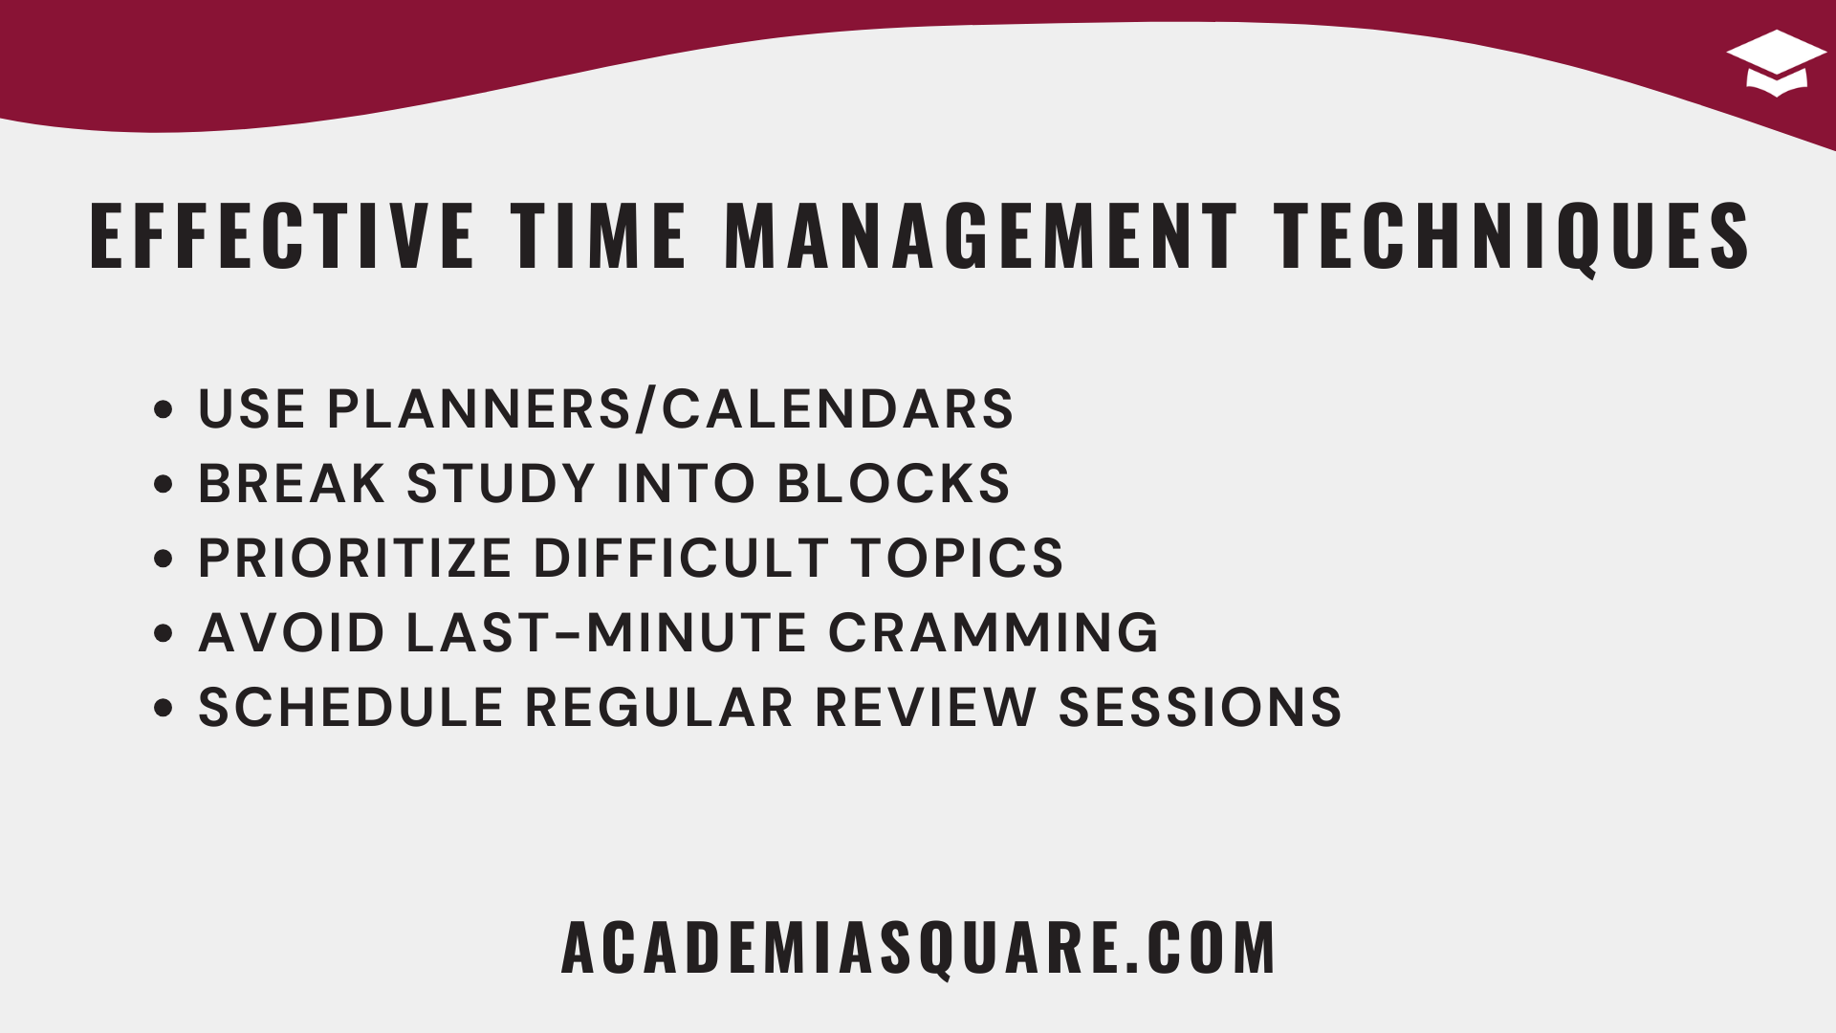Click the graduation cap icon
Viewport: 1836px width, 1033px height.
pyautogui.click(x=1776, y=62)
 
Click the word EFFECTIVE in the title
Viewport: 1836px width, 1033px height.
pyautogui.click(x=282, y=235)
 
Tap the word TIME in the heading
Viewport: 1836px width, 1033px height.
pyautogui.click(x=599, y=235)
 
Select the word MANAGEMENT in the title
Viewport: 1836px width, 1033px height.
pyautogui.click(x=981, y=235)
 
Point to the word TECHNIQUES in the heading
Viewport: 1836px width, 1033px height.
pyautogui.click(x=1512, y=237)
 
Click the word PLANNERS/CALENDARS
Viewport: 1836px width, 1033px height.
pyautogui.click(x=670, y=409)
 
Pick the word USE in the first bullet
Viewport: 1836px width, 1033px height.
pyautogui.click(x=251, y=409)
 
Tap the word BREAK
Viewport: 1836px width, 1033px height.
pyautogui.click(x=292, y=483)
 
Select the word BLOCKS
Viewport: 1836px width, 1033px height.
pyautogui.click(x=893, y=483)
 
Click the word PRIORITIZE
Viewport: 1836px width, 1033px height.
pyautogui.click(x=355, y=558)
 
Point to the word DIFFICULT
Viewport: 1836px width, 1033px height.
pyautogui.click(x=681, y=558)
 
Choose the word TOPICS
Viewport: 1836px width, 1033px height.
pyautogui.click(x=957, y=558)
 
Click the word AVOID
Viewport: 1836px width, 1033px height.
pyautogui.click(x=292, y=632)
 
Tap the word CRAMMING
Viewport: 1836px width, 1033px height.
pyautogui.click(x=994, y=632)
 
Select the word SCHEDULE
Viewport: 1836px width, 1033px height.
pyautogui.click(x=351, y=708)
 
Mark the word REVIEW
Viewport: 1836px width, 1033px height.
pyautogui.click(x=926, y=708)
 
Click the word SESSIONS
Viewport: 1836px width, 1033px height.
pyautogui.click(x=1200, y=708)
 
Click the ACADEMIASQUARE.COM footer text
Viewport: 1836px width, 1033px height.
pyautogui.click(x=918, y=948)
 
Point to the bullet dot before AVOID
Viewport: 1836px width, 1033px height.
pyautogui.click(x=164, y=633)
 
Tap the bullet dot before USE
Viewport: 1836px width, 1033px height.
pyautogui.click(x=164, y=409)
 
